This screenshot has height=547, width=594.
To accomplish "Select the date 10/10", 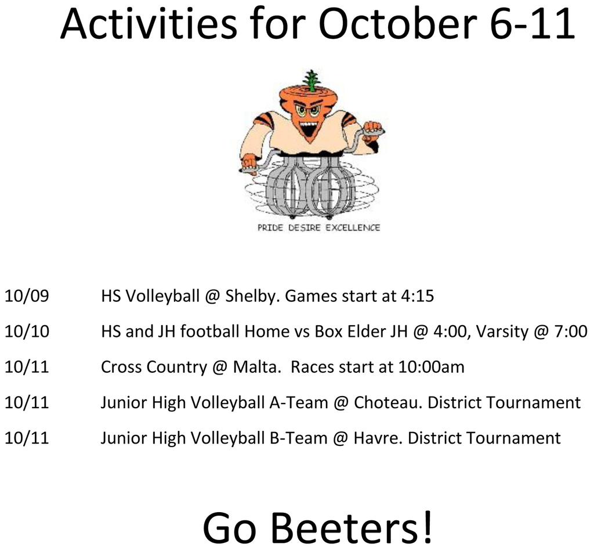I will coord(27,332).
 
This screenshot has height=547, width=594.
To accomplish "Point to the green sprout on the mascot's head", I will coord(312,80).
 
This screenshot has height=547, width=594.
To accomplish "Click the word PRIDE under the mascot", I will coord(270,228).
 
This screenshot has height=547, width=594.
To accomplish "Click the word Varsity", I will coord(503,332).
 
